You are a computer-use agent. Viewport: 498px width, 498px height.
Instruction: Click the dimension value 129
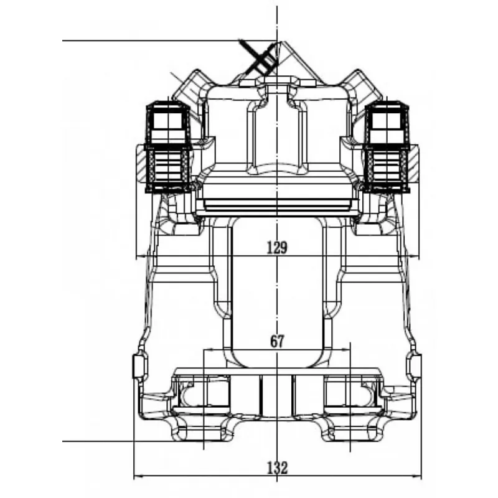277,247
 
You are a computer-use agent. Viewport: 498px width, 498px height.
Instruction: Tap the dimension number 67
277,341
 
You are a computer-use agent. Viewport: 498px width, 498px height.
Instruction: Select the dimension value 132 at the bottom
277,468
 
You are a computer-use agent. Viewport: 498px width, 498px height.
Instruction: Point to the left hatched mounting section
141,163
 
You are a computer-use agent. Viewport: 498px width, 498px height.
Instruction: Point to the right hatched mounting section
413,163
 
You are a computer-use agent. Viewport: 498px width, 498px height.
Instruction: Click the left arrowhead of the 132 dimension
138,476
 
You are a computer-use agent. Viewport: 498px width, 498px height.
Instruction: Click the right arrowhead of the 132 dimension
417,476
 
